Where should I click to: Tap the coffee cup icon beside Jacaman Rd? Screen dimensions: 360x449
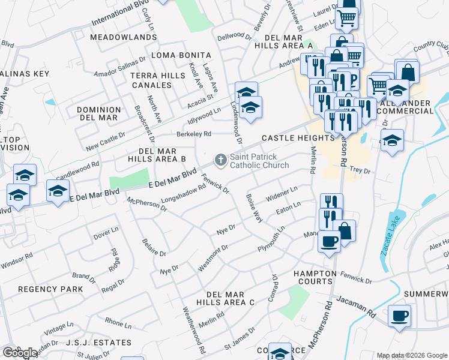[400, 316]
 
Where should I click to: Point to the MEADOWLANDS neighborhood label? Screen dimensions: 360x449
[124, 37]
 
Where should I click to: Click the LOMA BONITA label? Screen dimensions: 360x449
[181, 55]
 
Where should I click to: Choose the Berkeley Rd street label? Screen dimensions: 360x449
[193, 134]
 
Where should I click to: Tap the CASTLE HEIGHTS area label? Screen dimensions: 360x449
[289, 138]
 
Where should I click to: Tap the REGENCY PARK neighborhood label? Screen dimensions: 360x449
[50, 289]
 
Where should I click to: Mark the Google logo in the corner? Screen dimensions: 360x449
[20, 353]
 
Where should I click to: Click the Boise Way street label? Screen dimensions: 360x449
[254, 208]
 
